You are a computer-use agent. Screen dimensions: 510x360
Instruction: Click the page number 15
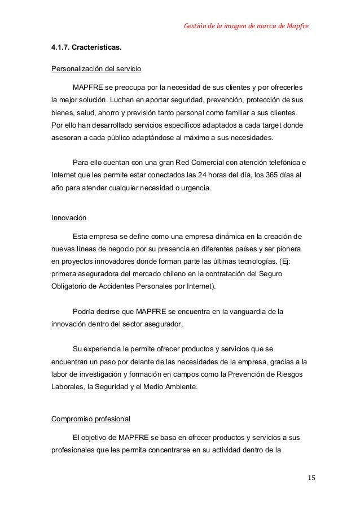point(311,479)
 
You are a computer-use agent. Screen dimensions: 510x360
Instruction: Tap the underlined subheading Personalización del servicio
point(96,69)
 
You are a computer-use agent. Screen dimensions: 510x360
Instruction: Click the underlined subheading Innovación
point(69,217)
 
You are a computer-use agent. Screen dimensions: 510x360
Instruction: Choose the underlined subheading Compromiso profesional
point(90,419)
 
